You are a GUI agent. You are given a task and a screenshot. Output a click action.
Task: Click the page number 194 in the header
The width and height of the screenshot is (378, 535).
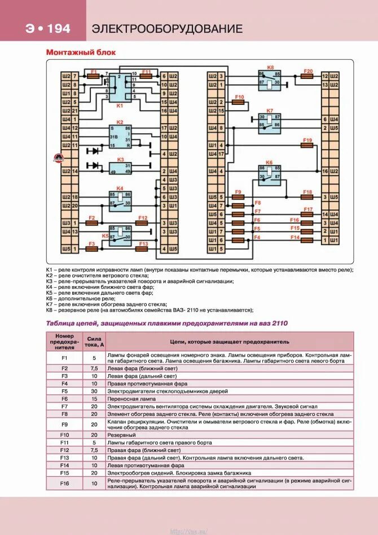click(58, 29)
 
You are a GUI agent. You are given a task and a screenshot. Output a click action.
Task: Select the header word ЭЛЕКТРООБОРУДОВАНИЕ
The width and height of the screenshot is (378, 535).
click(167, 29)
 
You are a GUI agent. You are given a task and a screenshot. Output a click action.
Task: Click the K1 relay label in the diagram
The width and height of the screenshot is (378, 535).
click(120, 106)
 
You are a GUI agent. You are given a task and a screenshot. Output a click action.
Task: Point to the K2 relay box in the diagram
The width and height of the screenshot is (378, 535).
click(120, 137)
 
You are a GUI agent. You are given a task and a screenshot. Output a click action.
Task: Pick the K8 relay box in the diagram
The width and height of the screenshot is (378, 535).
click(270, 78)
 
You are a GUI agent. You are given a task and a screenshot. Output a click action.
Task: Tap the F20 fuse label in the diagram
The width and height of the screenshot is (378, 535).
click(307, 71)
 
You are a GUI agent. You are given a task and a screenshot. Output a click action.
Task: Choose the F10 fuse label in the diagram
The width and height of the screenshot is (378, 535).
click(239, 97)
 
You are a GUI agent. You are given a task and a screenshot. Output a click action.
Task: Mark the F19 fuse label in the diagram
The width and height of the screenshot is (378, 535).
click(307, 140)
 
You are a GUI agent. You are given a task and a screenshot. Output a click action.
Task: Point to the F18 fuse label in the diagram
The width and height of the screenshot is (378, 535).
click(307, 192)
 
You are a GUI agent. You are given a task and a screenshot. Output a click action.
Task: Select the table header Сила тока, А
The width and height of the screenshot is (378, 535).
click(95, 341)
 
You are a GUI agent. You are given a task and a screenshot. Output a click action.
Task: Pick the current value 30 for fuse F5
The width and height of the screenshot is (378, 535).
click(95, 391)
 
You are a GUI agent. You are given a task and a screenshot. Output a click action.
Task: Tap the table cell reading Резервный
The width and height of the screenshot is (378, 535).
click(121, 435)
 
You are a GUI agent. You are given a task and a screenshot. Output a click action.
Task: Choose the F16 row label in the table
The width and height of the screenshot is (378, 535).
click(64, 483)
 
